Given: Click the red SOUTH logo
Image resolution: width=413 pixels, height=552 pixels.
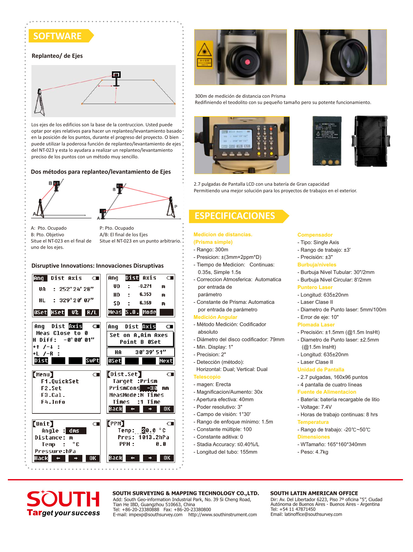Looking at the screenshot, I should (x=63, y=499).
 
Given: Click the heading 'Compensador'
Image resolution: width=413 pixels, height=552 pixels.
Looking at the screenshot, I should (x=315, y=235).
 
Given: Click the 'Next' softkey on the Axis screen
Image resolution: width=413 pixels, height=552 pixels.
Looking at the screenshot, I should (x=166, y=361).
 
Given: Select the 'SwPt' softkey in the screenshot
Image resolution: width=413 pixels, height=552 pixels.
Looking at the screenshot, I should (x=92, y=361).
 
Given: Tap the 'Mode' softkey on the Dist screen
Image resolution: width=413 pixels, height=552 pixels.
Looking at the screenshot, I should (x=149, y=312).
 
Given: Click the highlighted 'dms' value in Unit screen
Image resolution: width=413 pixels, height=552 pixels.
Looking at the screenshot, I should (x=74, y=431).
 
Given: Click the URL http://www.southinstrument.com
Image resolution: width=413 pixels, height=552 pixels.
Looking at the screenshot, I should (x=223, y=515).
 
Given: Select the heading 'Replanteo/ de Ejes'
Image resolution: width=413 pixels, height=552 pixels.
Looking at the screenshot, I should (x=57, y=56).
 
